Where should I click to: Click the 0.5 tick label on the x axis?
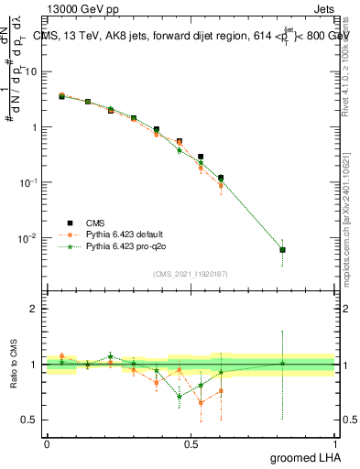coord(191,444)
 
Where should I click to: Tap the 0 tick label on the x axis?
coord(47,444)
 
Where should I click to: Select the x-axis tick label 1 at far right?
coord(334,444)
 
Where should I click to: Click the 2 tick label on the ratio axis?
coord(34,309)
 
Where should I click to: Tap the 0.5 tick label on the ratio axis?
coord(30,420)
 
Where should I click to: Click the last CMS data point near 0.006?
coord(282,250)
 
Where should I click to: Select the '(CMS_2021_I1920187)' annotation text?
coord(191,272)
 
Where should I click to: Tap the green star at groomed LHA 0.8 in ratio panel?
coord(282,364)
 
